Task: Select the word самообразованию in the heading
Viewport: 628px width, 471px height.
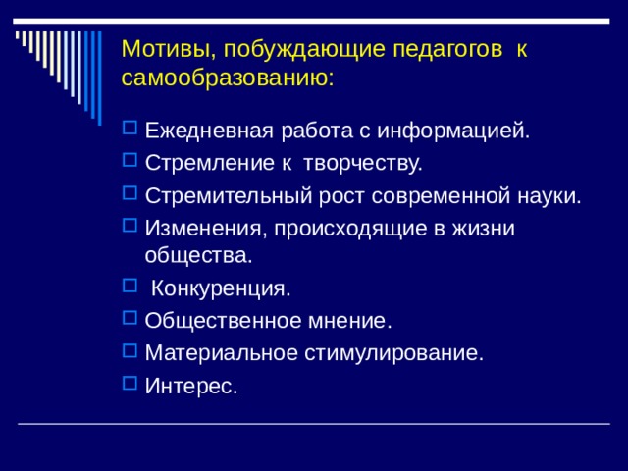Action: [x=228, y=77]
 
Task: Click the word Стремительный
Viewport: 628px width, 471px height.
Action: [x=228, y=195]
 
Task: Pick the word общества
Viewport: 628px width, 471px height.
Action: [x=198, y=255]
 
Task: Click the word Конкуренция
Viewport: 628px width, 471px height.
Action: [x=221, y=289]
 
